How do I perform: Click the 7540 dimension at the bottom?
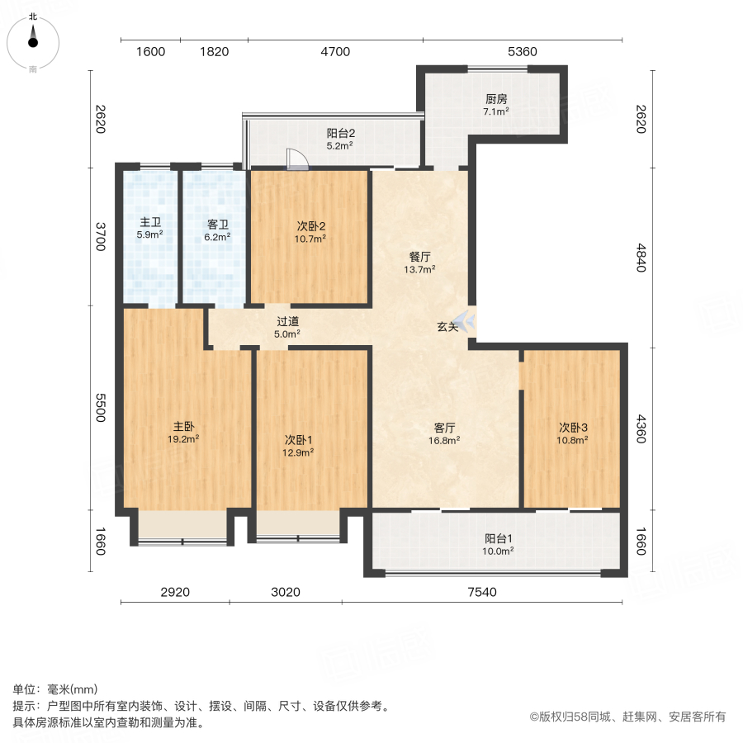pyautogui.click(x=483, y=592)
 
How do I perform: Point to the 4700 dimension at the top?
pyautogui.click(x=335, y=52)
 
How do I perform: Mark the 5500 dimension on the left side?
pyautogui.click(x=100, y=408)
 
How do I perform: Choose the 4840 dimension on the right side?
pyautogui.click(x=641, y=258)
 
